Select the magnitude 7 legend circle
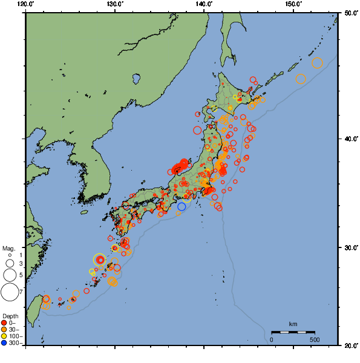point(9,293)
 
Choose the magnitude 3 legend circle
point(9,264)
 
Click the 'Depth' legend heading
point(10,316)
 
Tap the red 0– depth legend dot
point(4,322)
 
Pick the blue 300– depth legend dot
point(4,343)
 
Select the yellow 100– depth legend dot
point(4,336)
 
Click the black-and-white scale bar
point(293,332)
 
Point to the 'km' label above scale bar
point(293,324)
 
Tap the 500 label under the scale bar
point(315,339)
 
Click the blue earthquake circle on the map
point(182,207)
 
